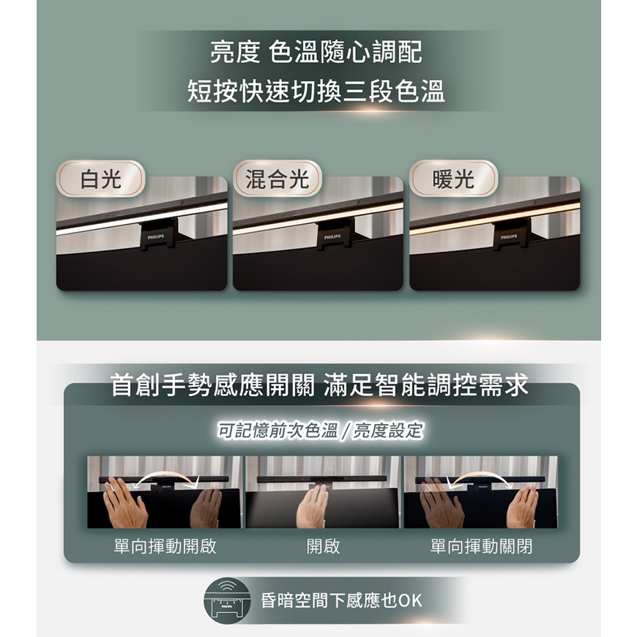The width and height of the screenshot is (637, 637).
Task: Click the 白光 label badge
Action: coord(100,179)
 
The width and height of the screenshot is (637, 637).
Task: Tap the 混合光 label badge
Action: coord(277,179)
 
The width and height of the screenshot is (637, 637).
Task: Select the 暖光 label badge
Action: coord(453,179)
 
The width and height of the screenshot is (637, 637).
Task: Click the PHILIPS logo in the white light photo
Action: coord(156,236)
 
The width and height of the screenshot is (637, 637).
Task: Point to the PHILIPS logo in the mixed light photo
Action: coord(332,236)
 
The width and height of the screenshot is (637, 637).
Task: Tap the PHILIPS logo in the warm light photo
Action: coord(509,236)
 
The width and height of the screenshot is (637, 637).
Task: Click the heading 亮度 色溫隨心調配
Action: coord(316,52)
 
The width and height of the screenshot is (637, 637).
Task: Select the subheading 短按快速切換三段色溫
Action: coord(316,91)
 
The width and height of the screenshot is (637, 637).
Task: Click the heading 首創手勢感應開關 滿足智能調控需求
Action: coord(319,384)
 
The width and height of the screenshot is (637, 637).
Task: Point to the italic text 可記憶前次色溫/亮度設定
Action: coord(320,431)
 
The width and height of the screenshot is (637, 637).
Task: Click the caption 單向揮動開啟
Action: coord(165,546)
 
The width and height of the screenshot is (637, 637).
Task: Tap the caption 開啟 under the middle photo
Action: coord(323,546)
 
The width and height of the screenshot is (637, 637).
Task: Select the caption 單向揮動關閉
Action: coord(481,546)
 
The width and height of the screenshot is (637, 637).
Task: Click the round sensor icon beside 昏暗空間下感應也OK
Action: coord(227,600)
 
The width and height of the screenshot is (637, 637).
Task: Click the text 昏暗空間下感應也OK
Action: coord(342,600)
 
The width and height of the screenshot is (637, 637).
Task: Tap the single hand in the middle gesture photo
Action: coord(312,506)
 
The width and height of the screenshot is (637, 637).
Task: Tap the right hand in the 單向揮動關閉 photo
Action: coord(523,506)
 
